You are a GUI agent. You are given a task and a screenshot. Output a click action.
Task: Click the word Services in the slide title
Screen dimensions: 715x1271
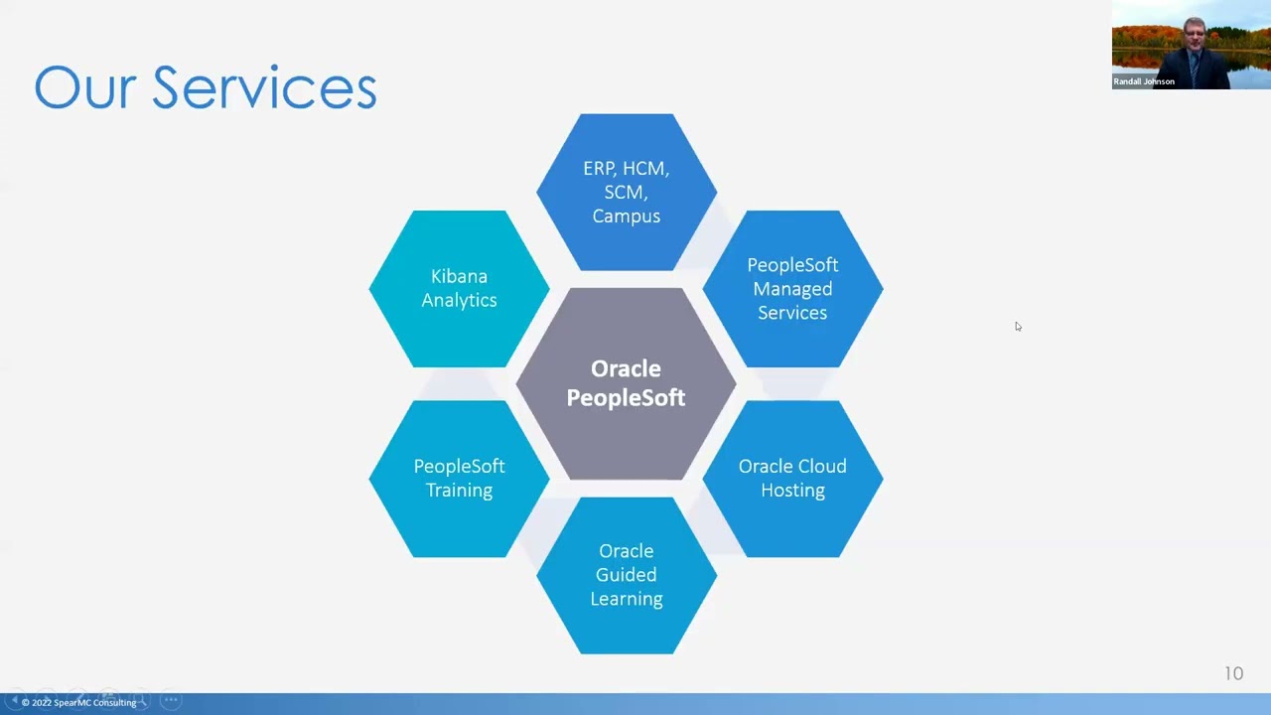pos(264,87)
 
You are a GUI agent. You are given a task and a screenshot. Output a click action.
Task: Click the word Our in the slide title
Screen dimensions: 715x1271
pos(84,87)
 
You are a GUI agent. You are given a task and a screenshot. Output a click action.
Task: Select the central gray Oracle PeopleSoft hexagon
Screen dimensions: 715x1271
pos(626,383)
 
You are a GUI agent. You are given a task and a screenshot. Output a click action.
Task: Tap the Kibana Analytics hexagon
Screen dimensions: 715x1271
pos(459,288)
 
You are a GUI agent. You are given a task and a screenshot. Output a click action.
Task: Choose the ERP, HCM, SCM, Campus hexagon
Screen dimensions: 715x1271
pos(626,192)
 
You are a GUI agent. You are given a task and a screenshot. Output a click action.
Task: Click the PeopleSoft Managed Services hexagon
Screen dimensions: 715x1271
pos(792,289)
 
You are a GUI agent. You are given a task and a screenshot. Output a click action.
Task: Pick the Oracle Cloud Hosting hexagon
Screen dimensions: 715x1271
pos(792,478)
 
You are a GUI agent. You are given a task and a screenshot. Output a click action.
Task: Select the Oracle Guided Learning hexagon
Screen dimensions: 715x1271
pos(626,575)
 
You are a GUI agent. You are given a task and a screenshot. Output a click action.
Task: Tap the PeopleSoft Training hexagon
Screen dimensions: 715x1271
pos(459,478)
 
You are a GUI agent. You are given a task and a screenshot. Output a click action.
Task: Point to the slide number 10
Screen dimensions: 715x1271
pos(1233,673)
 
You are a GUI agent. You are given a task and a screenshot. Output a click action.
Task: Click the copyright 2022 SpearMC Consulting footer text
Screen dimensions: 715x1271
pos(78,702)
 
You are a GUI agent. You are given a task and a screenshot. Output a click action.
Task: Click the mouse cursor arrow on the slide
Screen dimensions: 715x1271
pos(1018,327)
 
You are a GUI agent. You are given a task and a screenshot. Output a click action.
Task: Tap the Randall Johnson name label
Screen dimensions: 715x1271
pos(1144,81)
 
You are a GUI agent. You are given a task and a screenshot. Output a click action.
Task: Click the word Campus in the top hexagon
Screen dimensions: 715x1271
pos(626,215)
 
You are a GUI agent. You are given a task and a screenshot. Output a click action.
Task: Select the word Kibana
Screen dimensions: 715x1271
pos(459,276)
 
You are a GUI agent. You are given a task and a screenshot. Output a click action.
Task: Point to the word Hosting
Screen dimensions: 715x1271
pos(792,490)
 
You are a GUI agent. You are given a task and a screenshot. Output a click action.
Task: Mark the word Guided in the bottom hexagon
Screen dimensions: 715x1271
pos(626,575)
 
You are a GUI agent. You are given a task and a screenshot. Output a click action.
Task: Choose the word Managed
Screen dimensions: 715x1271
pos(792,289)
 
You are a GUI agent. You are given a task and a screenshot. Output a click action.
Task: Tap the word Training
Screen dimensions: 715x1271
pos(459,490)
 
